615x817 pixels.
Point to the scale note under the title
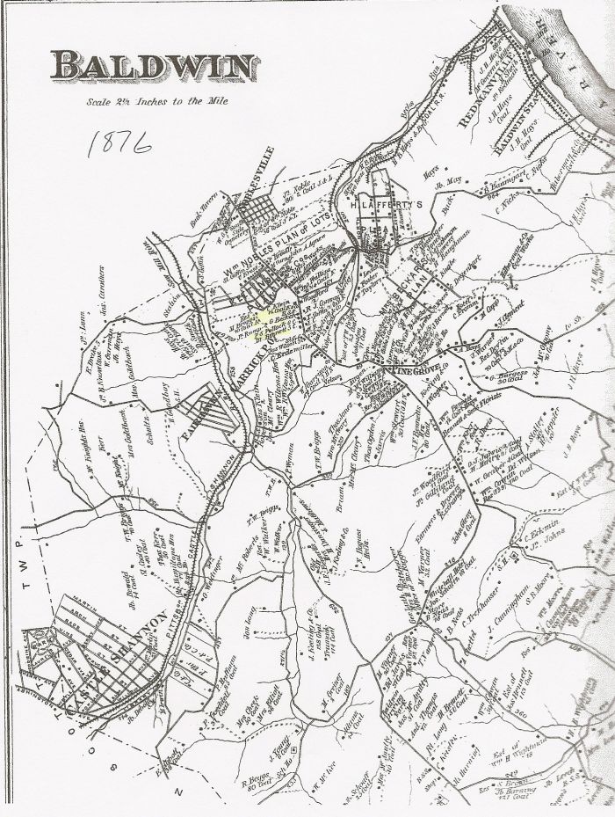pyautogui.click(x=154, y=100)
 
